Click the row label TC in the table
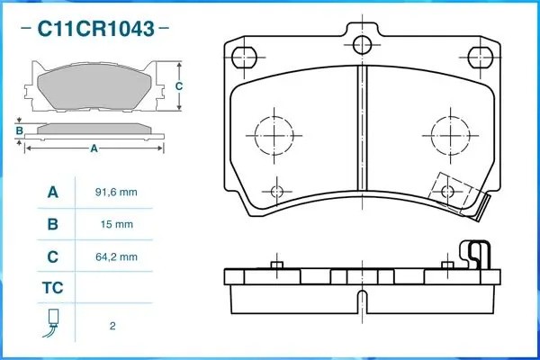[52, 288]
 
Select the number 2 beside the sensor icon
[112, 325]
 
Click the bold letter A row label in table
[52, 193]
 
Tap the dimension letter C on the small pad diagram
[179, 86]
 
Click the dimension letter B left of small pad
[19, 130]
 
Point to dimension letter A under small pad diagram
[94, 149]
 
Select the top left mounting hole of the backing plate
[242, 56]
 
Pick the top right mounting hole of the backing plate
[484, 56]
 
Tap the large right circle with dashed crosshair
[448, 135]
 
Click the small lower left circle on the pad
[277, 190]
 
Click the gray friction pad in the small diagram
[94, 88]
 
